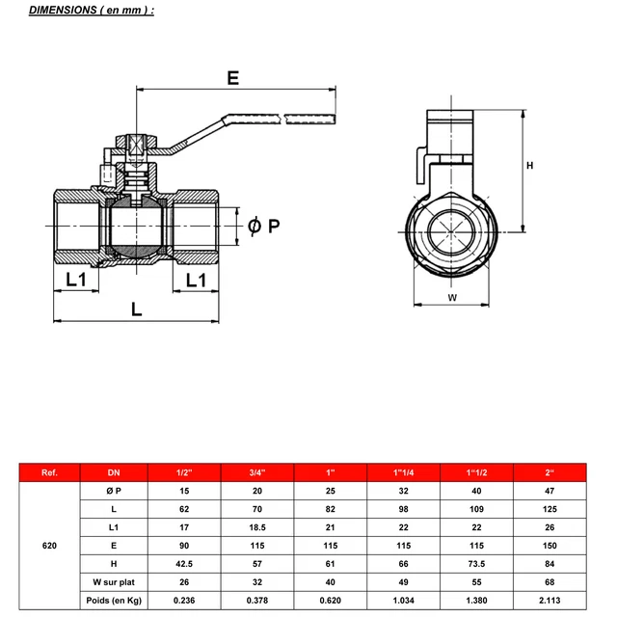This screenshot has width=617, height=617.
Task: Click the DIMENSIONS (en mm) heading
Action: (x=92, y=10)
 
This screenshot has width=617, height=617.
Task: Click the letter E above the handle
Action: (x=233, y=78)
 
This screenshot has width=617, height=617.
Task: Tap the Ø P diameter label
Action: (x=263, y=226)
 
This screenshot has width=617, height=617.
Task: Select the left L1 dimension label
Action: (x=76, y=280)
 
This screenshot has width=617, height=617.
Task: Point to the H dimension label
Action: (x=529, y=166)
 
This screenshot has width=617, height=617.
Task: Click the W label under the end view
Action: (x=452, y=298)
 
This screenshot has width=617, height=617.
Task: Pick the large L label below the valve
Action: (x=136, y=309)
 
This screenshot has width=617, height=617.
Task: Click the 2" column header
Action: (x=550, y=472)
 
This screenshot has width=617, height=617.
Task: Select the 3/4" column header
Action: (x=257, y=472)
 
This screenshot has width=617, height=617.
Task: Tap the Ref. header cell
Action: (x=49, y=472)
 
